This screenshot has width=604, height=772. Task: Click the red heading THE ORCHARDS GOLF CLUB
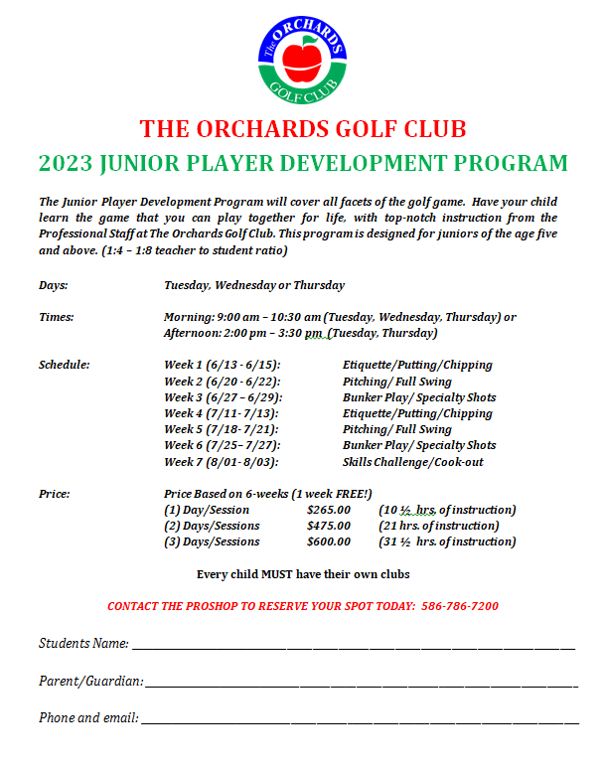pyautogui.click(x=303, y=129)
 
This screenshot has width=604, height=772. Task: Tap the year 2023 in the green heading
pyautogui.click(x=68, y=163)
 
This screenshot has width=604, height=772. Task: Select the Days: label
pyautogui.click(x=54, y=285)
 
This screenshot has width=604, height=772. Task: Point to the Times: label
pyautogui.click(x=57, y=317)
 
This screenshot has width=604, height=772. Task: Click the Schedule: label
pyautogui.click(x=65, y=365)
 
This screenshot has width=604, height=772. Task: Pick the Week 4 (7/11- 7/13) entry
pyautogui.click(x=221, y=413)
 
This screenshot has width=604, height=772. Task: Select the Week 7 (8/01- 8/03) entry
pyautogui.click(x=221, y=462)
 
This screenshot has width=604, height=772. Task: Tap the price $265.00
pyautogui.click(x=329, y=510)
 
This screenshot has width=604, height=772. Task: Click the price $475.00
pyautogui.click(x=329, y=526)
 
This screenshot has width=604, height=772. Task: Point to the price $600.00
pyautogui.click(x=329, y=541)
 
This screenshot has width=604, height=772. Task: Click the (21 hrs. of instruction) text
pyautogui.click(x=438, y=526)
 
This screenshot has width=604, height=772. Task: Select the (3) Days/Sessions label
pyautogui.click(x=212, y=541)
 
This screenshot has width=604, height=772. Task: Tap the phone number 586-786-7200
pyautogui.click(x=458, y=606)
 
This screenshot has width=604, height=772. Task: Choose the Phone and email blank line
pyautogui.click(x=359, y=720)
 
